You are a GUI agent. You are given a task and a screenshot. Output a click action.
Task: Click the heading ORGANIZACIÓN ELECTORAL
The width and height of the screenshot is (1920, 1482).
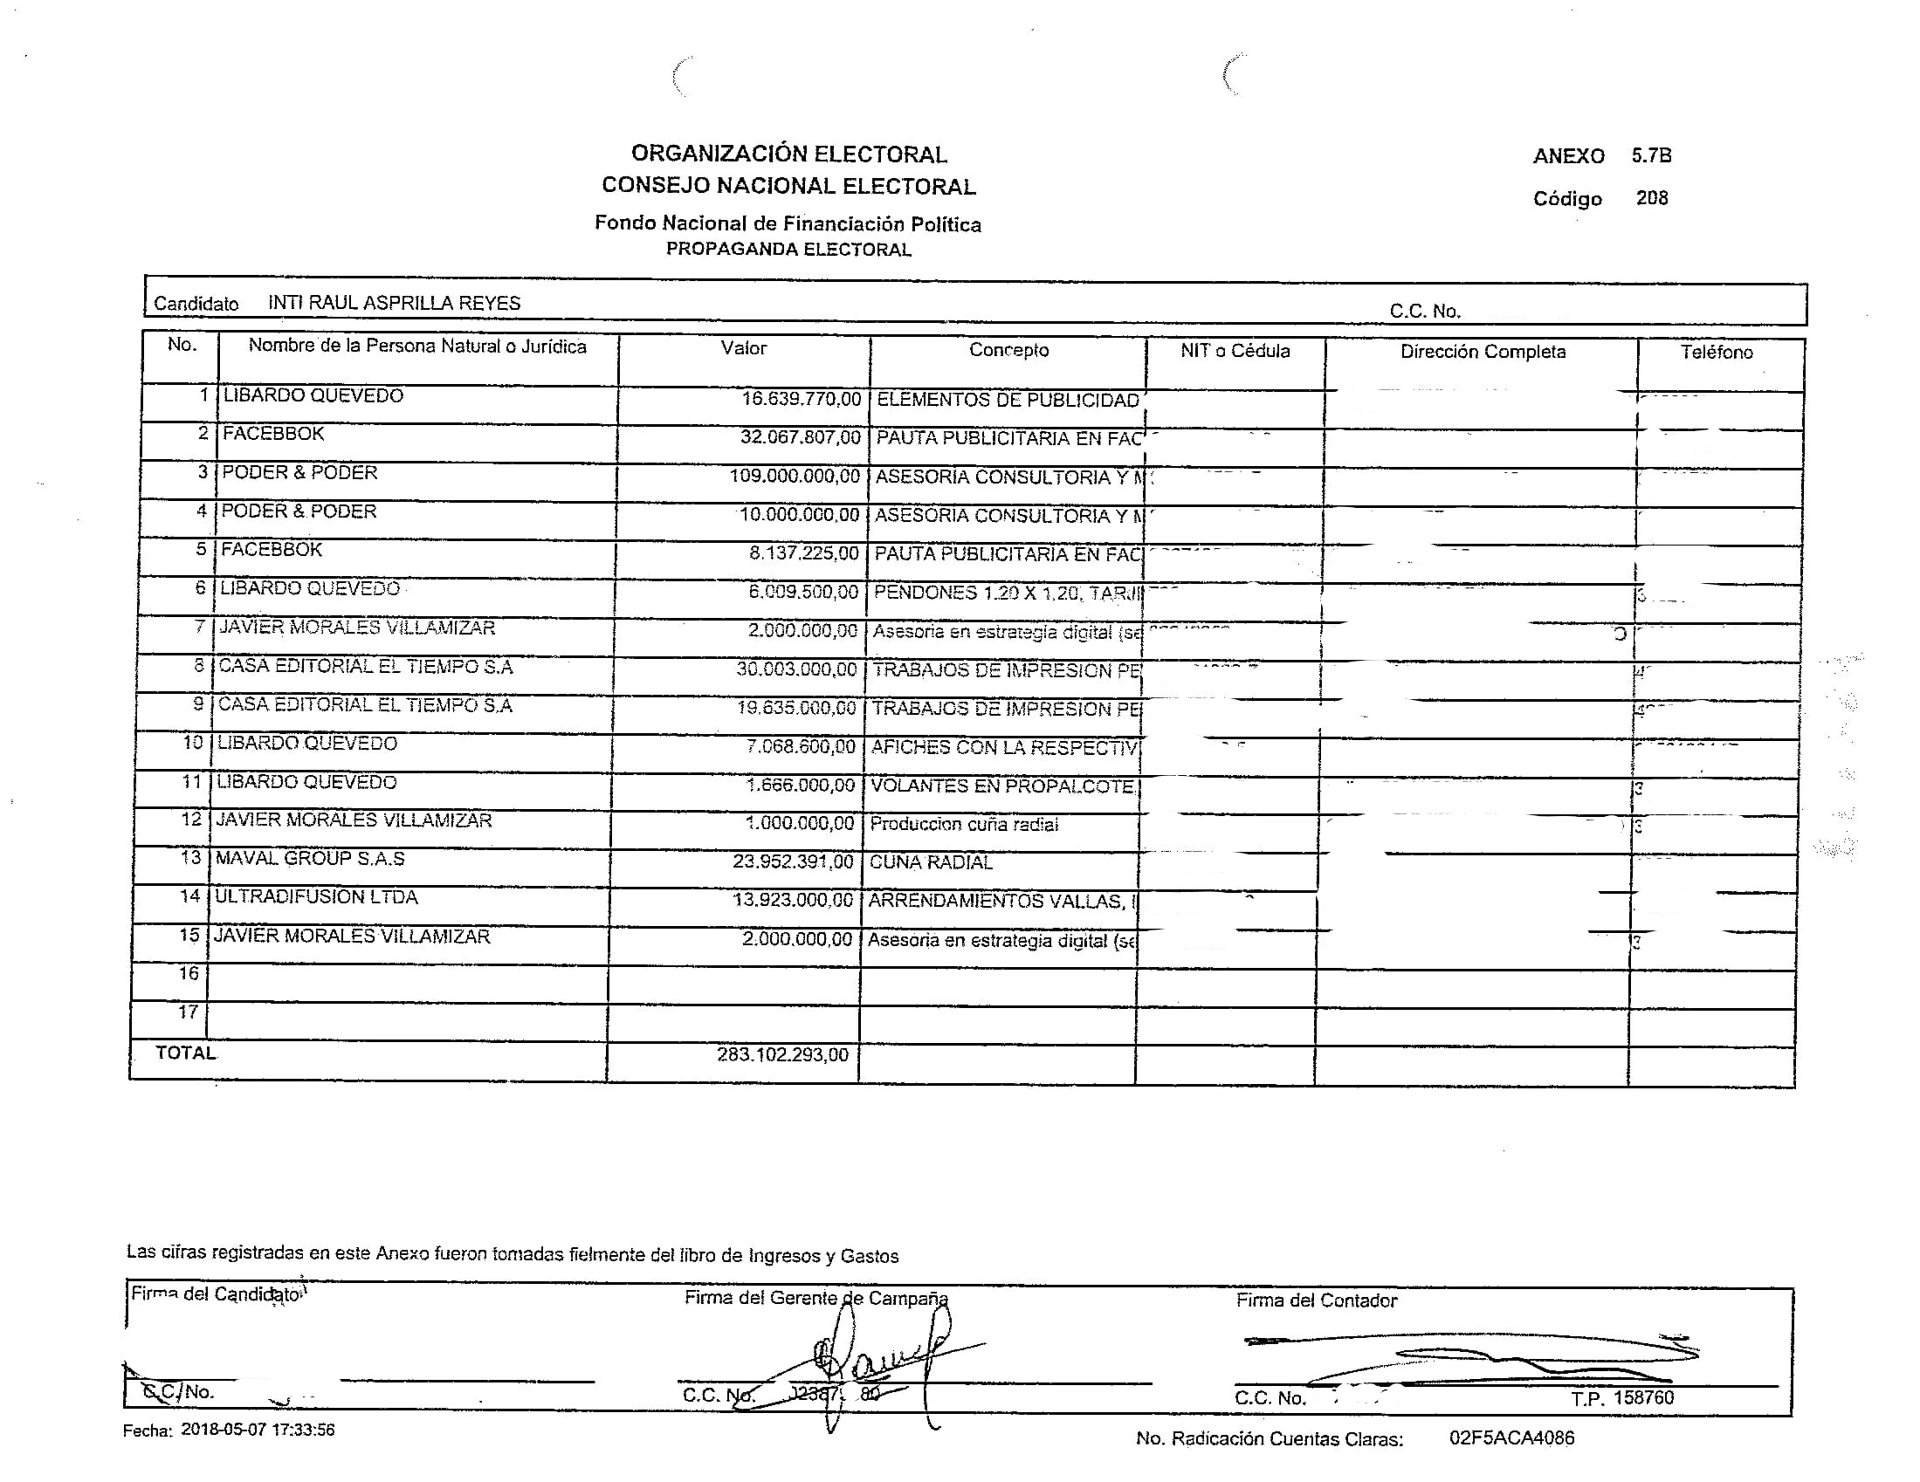tap(788, 154)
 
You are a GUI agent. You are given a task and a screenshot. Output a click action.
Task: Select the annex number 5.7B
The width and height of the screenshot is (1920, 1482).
tap(1651, 155)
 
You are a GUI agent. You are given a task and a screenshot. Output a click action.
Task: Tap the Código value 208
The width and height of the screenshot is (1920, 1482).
tap(1651, 198)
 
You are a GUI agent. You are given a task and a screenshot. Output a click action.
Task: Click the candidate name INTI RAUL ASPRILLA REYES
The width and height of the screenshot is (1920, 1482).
tap(394, 303)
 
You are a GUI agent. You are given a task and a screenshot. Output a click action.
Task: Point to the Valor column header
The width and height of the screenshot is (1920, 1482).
tap(744, 348)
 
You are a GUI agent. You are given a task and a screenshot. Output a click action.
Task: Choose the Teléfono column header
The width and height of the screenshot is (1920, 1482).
tap(1716, 353)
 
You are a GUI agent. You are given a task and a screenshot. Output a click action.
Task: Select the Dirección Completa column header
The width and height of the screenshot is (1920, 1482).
tap(1483, 352)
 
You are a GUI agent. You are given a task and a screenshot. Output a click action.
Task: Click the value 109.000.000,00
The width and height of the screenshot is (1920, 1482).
tap(795, 477)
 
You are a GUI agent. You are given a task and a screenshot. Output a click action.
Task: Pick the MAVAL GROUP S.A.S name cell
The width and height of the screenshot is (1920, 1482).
tap(310, 859)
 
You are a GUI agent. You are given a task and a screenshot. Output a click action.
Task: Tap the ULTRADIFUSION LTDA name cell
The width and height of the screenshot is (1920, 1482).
tap(316, 897)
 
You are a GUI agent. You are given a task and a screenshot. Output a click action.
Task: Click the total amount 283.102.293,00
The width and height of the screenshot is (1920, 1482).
tap(782, 1054)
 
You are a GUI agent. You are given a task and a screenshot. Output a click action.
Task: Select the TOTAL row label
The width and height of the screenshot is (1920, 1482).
tap(185, 1053)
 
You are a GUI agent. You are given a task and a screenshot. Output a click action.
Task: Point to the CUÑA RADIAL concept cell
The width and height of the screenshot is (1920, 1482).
tap(930, 862)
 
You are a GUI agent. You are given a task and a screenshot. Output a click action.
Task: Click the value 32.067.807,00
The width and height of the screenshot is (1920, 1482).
tap(800, 438)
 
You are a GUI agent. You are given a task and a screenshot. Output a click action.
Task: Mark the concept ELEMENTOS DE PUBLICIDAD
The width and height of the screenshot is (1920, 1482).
tap(1008, 400)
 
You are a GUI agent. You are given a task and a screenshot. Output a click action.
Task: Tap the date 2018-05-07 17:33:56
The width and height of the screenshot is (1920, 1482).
tap(258, 1430)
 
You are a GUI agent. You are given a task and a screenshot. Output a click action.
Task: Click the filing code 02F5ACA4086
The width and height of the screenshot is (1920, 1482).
tap(1511, 1438)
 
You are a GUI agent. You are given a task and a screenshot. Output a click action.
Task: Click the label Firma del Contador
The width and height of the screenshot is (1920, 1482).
tap(1316, 1301)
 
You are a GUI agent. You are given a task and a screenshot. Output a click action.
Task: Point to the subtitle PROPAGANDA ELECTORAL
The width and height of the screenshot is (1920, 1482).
tap(788, 250)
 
